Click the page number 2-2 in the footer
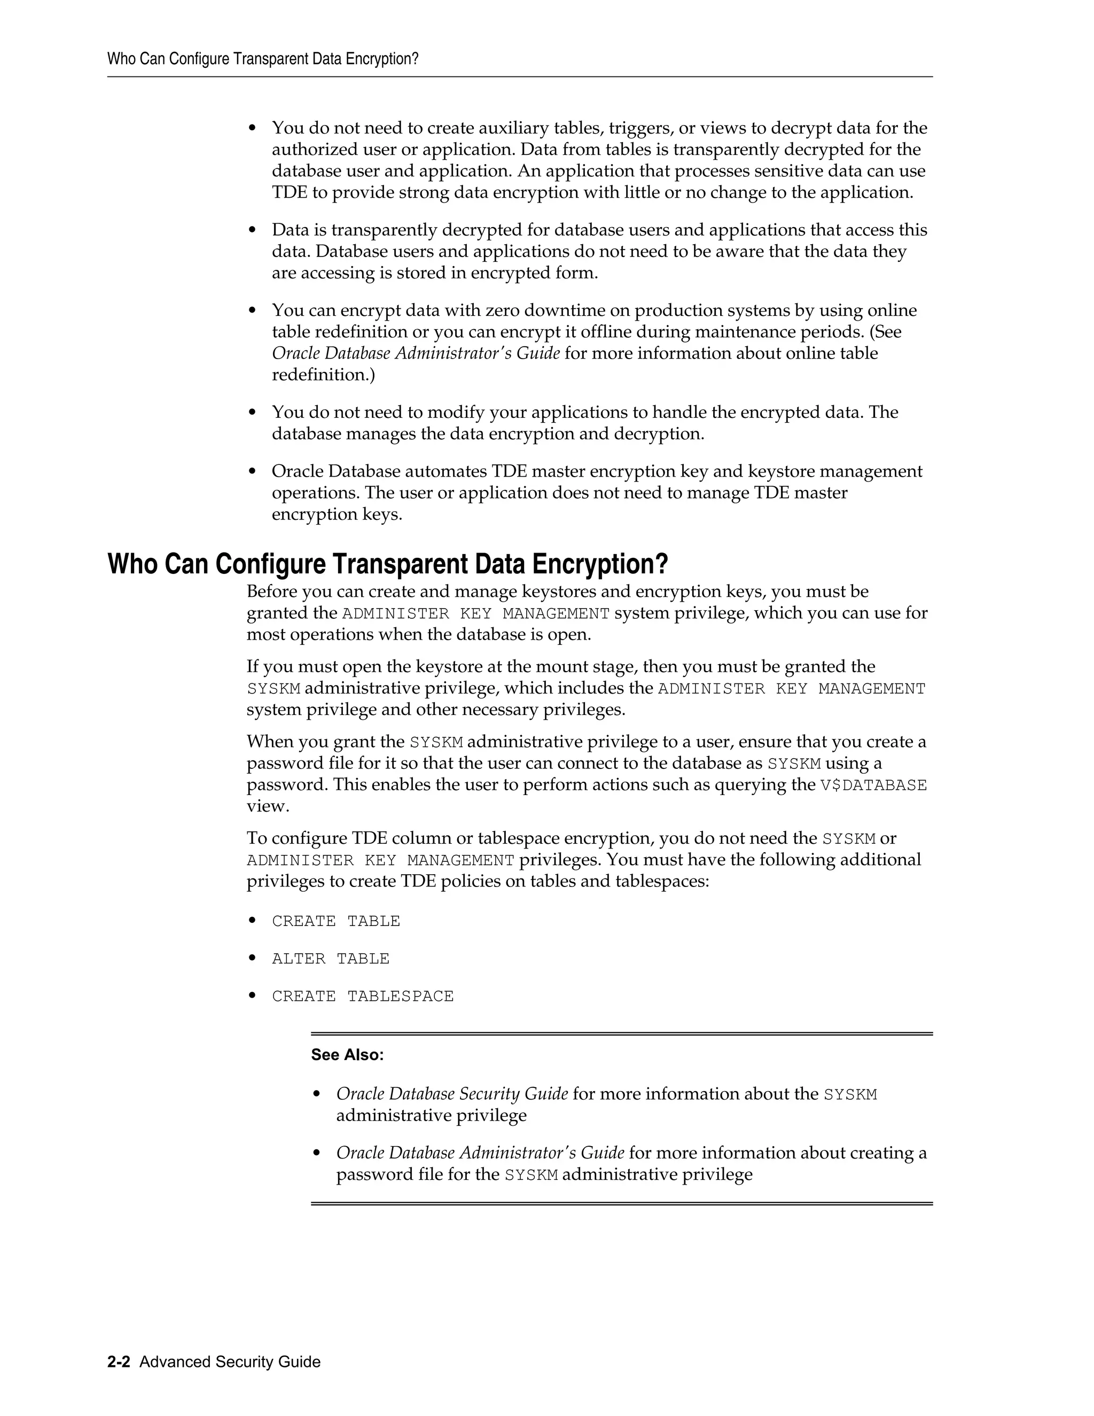tap(119, 1361)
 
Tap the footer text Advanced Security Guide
tap(230, 1361)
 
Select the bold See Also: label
tap(347, 1055)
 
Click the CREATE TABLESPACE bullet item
tap(362, 997)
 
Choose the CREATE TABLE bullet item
tap(335, 921)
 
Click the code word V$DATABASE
tap(873, 785)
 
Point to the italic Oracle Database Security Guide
tap(452, 1094)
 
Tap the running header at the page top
tap(262, 59)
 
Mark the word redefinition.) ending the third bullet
tap(323, 375)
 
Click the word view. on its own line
tap(267, 806)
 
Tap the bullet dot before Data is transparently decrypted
tap(253, 231)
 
